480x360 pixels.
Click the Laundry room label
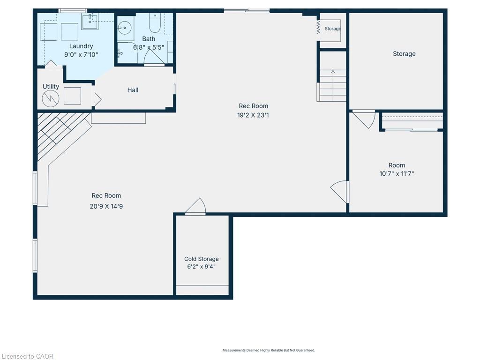click(x=81, y=46)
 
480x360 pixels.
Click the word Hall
click(x=133, y=90)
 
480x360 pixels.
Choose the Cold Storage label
click(x=201, y=259)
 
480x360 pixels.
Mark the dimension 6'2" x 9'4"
click(x=201, y=267)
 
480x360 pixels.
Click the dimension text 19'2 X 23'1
click(x=253, y=114)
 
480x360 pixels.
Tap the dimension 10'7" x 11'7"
click(x=397, y=173)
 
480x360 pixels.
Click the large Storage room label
click(x=404, y=54)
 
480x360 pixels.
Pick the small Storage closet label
click(x=333, y=29)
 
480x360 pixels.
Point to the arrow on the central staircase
click(x=333, y=73)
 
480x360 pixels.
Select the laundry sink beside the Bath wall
click(x=90, y=22)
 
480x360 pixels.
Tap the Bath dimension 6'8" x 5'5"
click(x=149, y=47)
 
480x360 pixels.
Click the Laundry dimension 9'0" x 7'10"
click(x=81, y=54)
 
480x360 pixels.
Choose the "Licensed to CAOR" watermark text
click(x=27, y=356)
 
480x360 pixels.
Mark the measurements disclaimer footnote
click(x=269, y=350)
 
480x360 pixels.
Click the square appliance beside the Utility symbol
click(x=72, y=96)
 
